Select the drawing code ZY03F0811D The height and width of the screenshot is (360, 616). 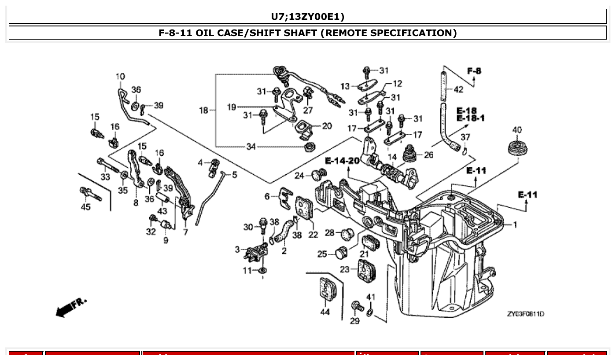point(525,314)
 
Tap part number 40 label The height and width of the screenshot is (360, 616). point(517,130)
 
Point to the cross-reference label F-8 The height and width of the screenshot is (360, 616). point(474,70)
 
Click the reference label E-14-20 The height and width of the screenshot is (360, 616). point(343,161)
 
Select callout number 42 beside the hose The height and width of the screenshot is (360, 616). point(458,89)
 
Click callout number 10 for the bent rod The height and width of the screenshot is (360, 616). point(120,77)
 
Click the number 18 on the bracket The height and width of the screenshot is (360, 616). point(203,110)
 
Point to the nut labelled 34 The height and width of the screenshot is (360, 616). point(310,146)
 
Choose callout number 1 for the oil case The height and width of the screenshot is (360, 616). point(515,225)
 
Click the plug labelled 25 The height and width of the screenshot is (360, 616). point(340,253)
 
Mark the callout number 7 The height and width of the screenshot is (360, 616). point(185,232)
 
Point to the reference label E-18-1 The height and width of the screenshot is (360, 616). point(470,118)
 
